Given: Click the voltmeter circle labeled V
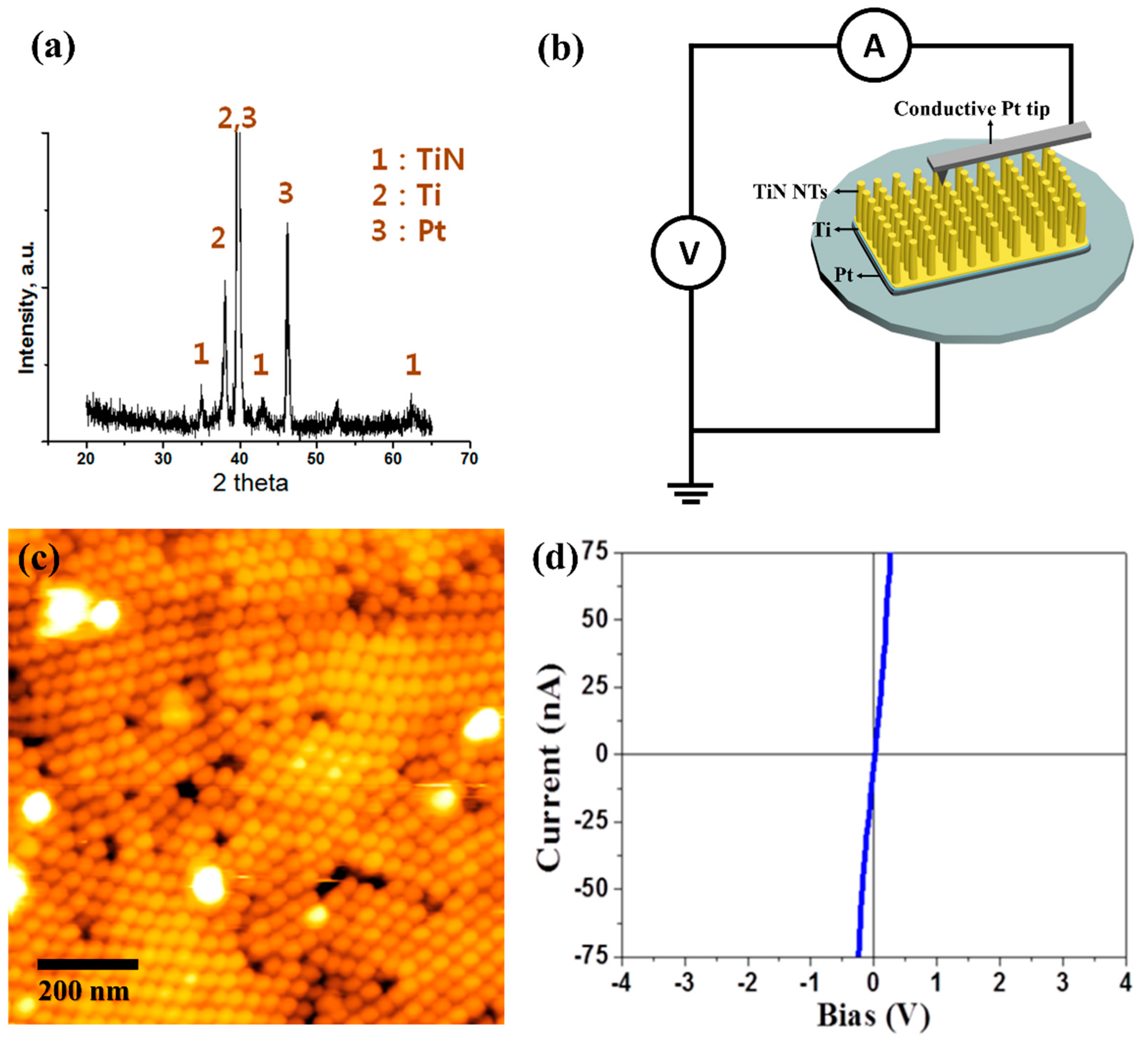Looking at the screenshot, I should coord(688,252).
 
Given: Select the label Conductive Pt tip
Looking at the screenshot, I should coord(971,108).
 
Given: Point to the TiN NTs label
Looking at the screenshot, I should coord(790,192).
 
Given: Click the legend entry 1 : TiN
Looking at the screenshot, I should coord(418,160).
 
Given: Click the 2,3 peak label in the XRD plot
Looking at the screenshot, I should coord(237,118).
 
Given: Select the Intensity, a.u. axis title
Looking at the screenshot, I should coord(27,307).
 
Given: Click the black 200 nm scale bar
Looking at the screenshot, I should coord(88,964).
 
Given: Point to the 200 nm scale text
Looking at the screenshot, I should coord(84,991).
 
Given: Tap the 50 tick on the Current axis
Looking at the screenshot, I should coord(594,619).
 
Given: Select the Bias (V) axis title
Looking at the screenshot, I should coord(873,1016).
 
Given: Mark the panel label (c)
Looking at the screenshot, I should coord(38,559).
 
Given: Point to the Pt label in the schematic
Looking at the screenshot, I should coord(843,275).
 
